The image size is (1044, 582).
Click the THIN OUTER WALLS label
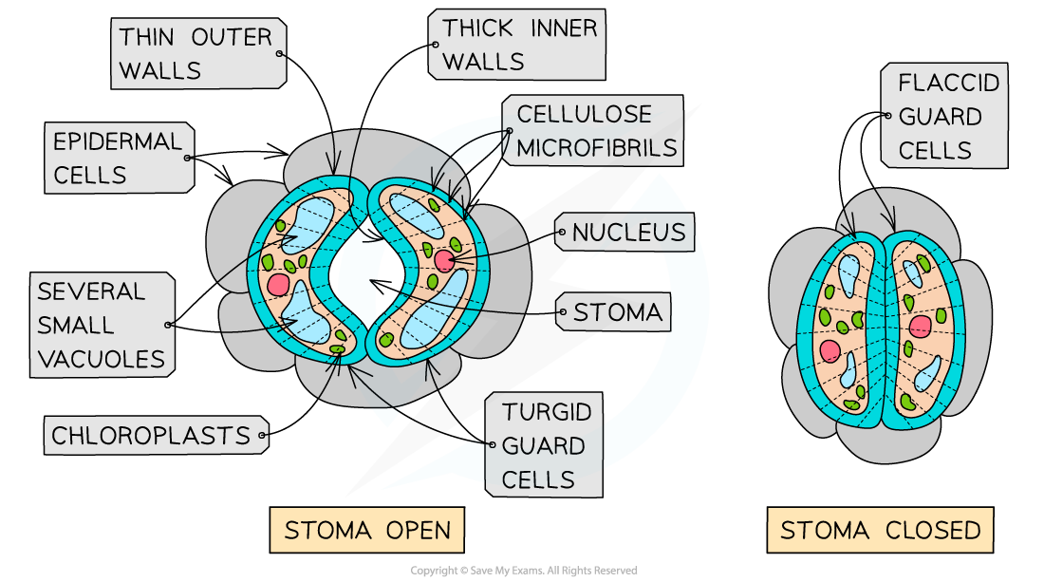(196, 54)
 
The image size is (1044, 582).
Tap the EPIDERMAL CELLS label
(118, 158)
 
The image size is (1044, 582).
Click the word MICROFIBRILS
(597, 148)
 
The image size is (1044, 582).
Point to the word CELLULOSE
(584, 115)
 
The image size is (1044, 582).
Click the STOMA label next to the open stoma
(617, 311)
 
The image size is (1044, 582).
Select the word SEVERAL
(91, 291)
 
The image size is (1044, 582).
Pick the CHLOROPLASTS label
(151, 436)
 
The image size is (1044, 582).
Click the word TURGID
(547, 412)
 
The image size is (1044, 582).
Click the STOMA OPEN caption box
(367, 530)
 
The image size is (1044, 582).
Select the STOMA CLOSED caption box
(880, 530)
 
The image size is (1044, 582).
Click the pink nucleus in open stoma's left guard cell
(278, 284)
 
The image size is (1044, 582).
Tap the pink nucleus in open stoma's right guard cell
(444, 261)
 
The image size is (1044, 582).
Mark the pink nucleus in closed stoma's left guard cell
(830, 350)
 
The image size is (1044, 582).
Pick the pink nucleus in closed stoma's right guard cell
(920, 327)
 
